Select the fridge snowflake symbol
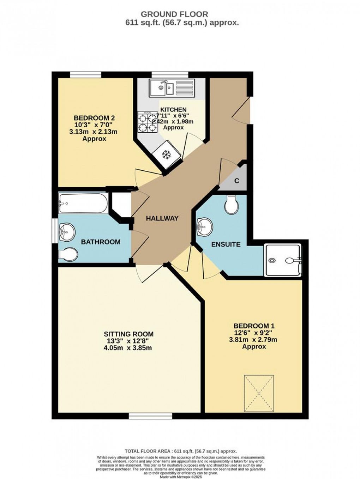[x=166, y=154]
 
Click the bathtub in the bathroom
[x=83, y=203]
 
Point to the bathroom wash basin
[x=67, y=232]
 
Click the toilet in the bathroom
[x=68, y=254]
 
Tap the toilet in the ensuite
[x=232, y=205]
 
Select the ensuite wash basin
[x=205, y=226]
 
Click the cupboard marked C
[x=237, y=181]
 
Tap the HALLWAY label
[x=162, y=218]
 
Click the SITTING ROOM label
[x=128, y=334]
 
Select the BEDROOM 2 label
[x=94, y=118]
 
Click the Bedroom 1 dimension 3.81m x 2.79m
[x=253, y=340]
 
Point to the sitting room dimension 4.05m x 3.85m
[x=128, y=348]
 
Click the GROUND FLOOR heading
[x=174, y=14]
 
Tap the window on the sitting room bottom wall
[x=150, y=416]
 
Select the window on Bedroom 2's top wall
[x=85, y=74]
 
